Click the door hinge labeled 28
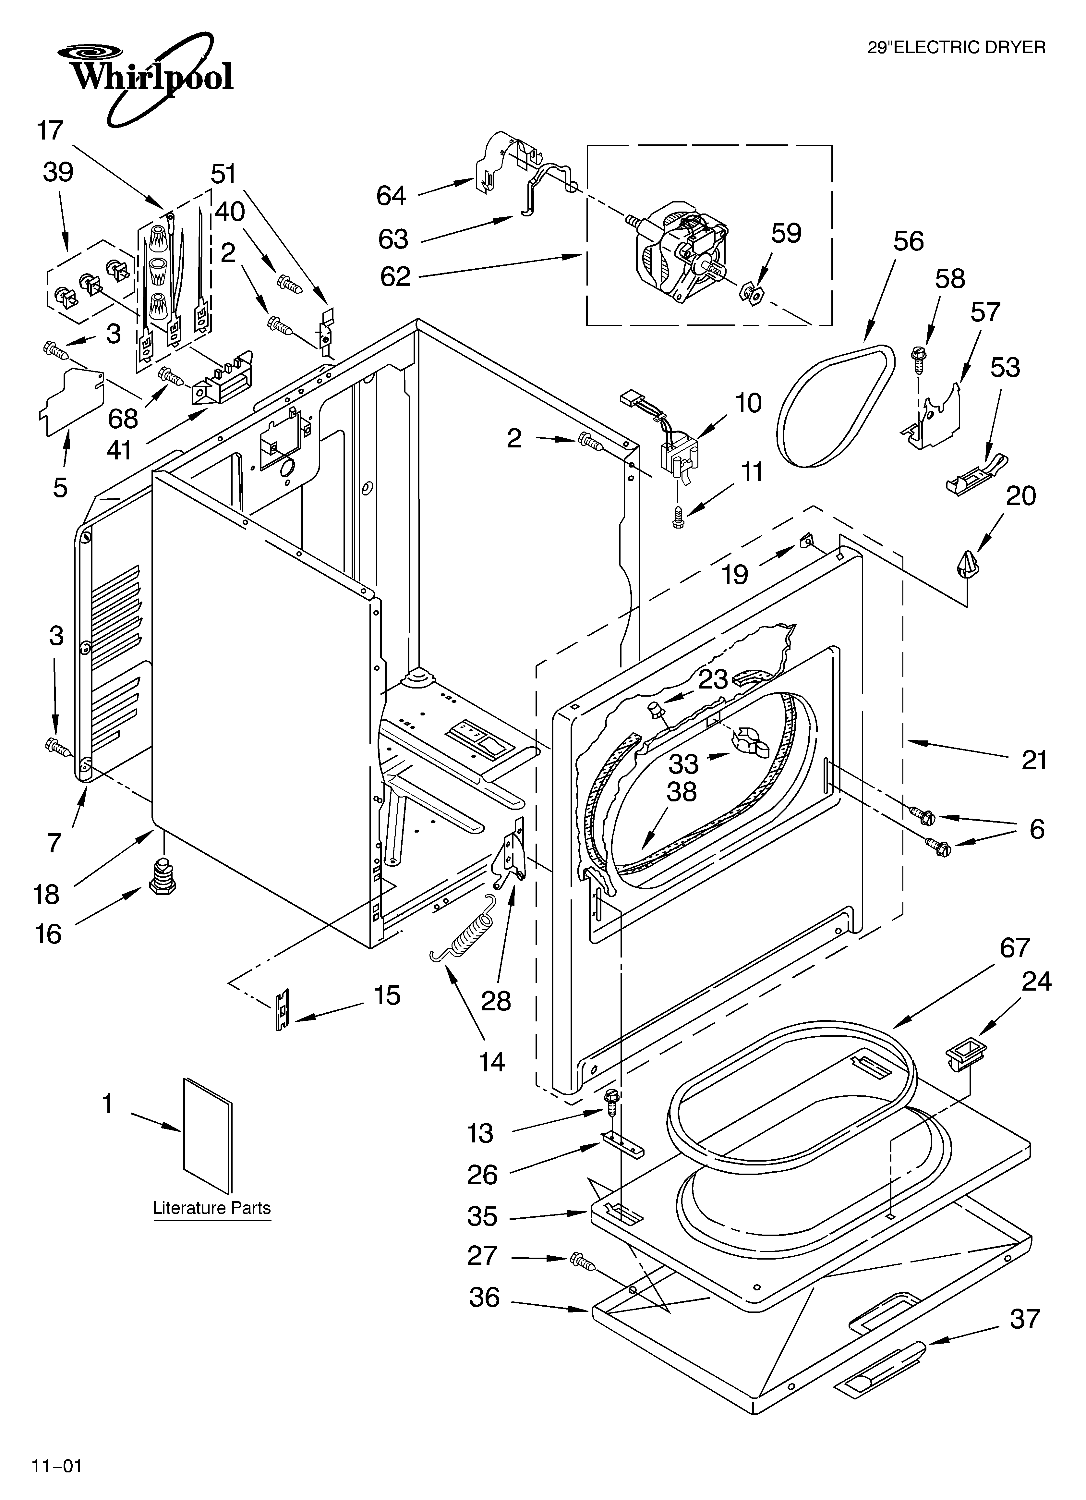click(x=511, y=857)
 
